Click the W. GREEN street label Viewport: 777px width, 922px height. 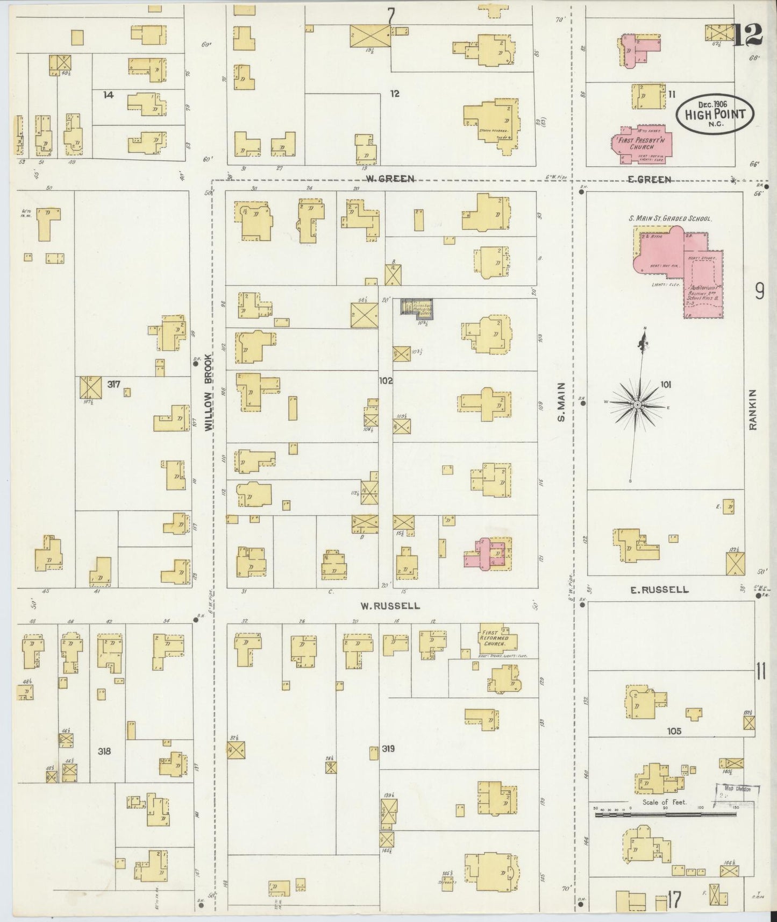pos(390,179)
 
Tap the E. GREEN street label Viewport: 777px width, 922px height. pos(650,180)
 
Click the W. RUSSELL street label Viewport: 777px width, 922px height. pos(390,606)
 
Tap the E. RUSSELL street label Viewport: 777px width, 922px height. pos(659,590)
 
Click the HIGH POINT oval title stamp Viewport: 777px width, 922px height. pos(715,114)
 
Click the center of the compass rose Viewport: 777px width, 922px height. pos(637,404)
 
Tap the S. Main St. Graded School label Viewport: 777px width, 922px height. pos(670,219)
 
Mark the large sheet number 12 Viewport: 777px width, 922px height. pos(748,36)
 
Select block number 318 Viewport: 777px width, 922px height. pos(104,751)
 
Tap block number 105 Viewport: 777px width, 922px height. pos(674,731)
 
